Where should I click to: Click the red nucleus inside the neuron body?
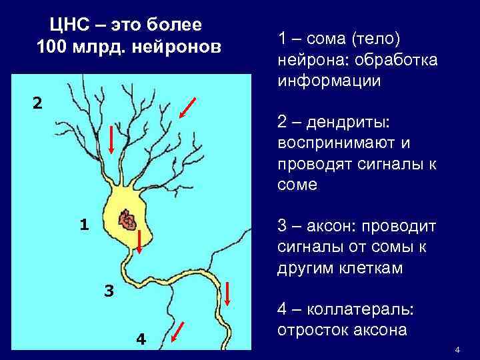pyautogui.click(x=125, y=219)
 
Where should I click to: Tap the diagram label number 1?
pyautogui.click(x=84, y=225)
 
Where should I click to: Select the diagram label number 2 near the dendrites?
pyautogui.click(x=37, y=103)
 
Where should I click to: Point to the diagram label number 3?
pyautogui.click(x=109, y=291)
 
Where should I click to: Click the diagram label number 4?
pyautogui.click(x=141, y=339)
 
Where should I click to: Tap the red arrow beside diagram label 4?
pyautogui.click(x=178, y=331)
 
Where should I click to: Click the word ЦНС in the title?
pyautogui.click(x=67, y=27)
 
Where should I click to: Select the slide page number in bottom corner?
pyautogui.click(x=457, y=350)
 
